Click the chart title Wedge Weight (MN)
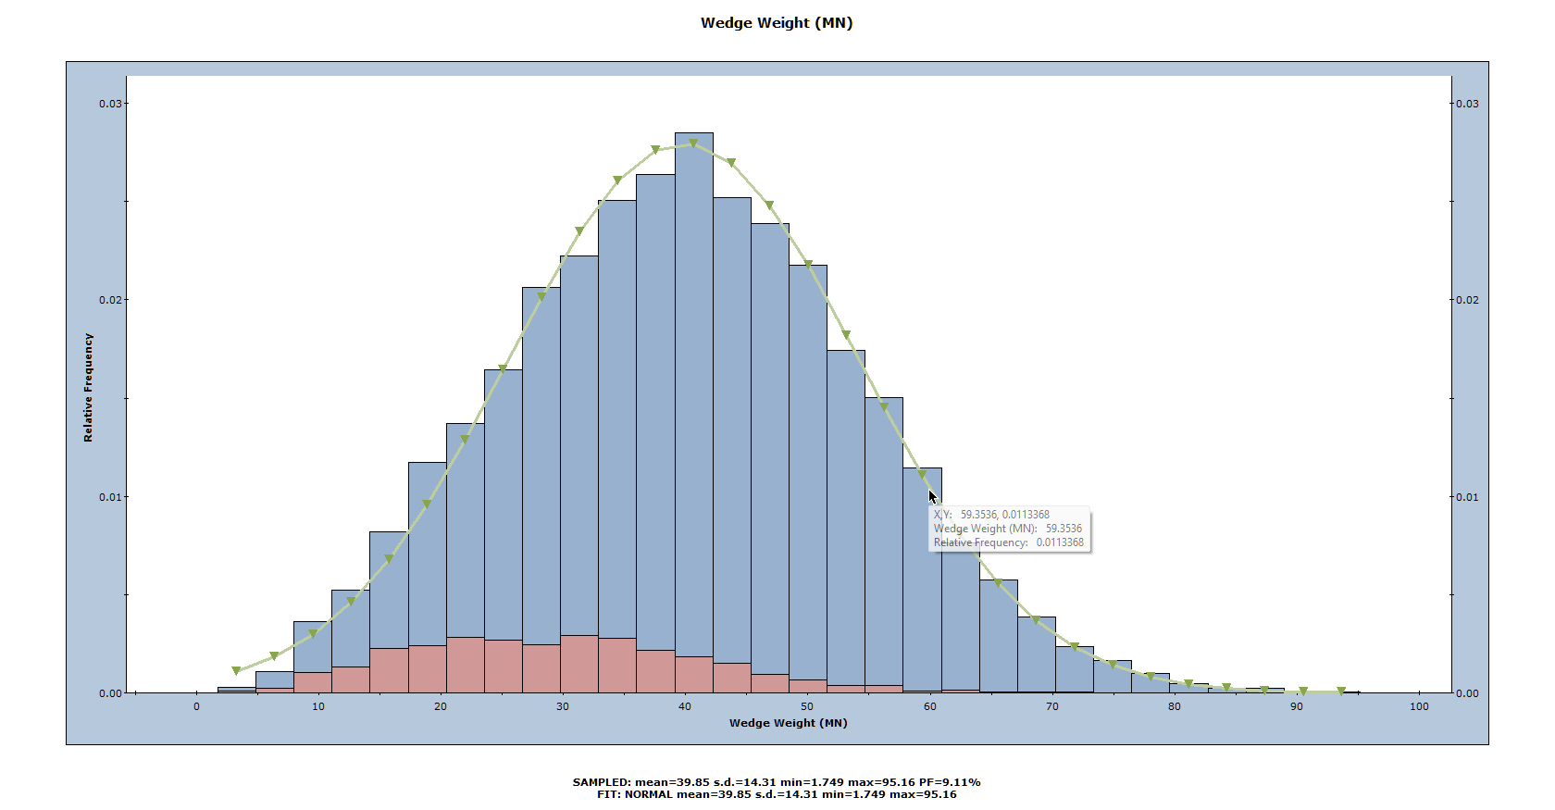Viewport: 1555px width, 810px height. click(776, 23)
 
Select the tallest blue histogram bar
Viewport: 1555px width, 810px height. click(693, 370)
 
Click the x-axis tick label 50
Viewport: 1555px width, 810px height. click(807, 706)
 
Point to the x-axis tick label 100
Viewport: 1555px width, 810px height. click(1418, 706)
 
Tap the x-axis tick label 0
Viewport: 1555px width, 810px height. click(196, 706)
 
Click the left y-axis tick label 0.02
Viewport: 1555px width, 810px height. click(110, 300)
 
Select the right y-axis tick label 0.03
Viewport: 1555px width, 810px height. click(1467, 104)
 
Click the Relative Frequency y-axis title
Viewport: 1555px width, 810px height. click(89, 387)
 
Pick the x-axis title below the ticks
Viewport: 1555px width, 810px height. click(788, 723)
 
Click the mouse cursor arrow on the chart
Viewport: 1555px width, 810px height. click(933, 497)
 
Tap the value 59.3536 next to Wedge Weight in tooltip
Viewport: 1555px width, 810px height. click(1064, 529)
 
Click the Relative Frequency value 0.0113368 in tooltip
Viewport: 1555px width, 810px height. click(1060, 542)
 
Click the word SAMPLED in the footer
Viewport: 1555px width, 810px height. click(601, 782)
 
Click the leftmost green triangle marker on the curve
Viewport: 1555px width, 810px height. click(236, 670)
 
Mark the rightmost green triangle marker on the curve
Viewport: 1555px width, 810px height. click(1340, 692)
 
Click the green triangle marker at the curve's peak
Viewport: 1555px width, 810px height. click(693, 143)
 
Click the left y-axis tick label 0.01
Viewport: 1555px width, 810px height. click(110, 497)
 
